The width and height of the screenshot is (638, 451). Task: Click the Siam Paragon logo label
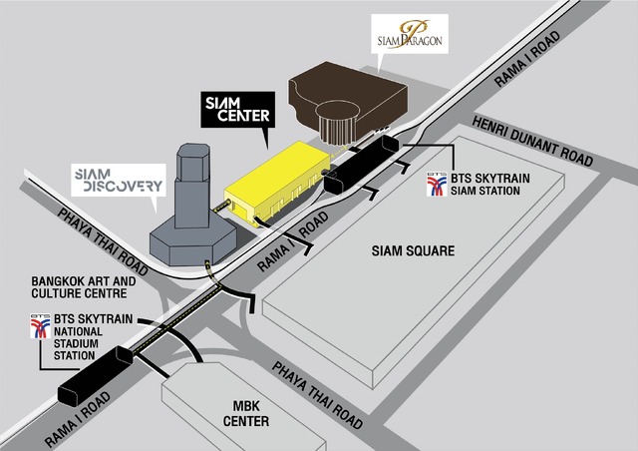[409, 35]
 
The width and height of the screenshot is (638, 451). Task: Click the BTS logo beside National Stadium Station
[39, 326]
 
